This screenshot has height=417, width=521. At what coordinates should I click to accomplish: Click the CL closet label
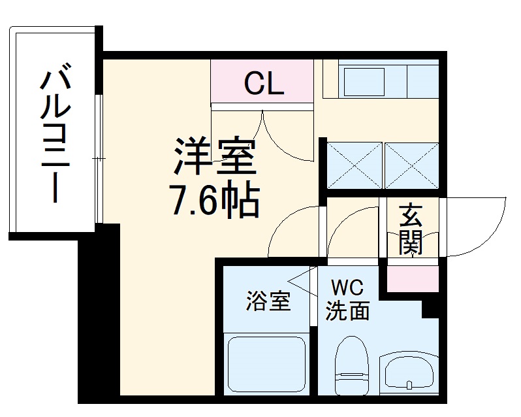[x=264, y=83]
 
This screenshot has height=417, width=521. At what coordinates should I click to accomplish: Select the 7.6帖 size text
[x=213, y=201]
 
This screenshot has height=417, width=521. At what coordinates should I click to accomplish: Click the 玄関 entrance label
[x=411, y=229]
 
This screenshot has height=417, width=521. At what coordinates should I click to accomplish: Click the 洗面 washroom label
[x=347, y=311]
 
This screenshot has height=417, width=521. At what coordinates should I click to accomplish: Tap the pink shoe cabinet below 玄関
[x=411, y=277]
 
